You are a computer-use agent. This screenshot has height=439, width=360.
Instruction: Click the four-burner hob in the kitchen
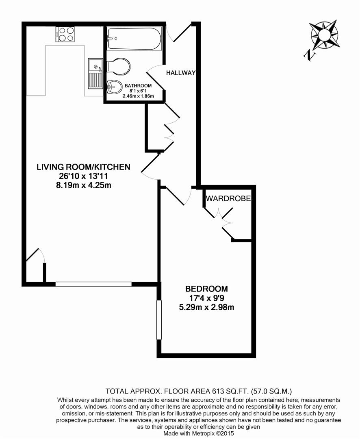65,34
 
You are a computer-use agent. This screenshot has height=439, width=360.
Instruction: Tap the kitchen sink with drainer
95,73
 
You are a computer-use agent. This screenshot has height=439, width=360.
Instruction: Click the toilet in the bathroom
119,67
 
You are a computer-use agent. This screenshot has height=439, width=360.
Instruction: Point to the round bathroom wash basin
115,87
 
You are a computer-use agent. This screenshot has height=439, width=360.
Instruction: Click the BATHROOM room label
138,86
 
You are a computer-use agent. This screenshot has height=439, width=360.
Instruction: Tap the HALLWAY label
181,73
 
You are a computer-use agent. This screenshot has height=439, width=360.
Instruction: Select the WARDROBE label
228,198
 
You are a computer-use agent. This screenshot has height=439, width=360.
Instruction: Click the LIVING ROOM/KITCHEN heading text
83,167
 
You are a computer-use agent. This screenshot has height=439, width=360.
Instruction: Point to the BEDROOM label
206,289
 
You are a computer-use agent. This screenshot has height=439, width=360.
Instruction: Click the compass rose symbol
325,35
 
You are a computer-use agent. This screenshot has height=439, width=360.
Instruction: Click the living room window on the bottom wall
93,284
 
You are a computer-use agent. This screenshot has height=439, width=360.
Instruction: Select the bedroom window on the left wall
159,320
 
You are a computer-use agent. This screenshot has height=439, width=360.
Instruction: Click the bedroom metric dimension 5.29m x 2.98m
206,307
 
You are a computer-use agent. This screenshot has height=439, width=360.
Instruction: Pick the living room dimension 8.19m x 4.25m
84,185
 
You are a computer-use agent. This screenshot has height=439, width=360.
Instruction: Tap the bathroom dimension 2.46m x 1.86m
138,96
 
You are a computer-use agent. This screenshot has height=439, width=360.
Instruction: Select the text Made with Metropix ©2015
199,433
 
